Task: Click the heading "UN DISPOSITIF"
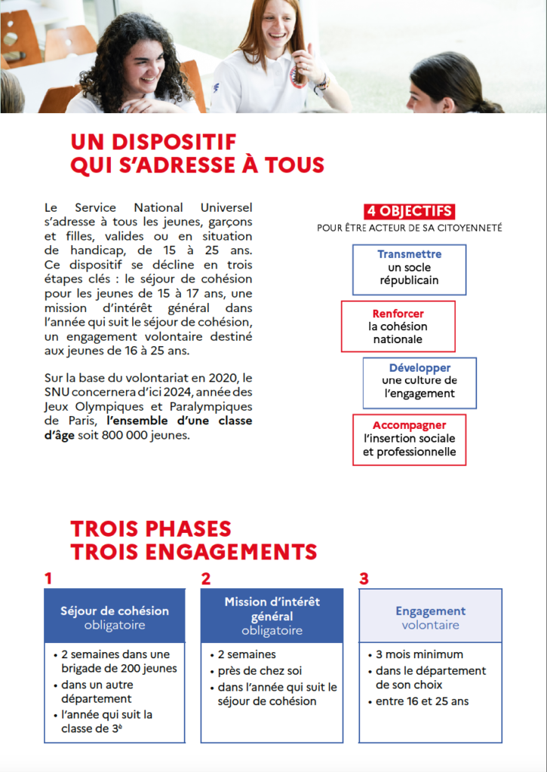(153, 142)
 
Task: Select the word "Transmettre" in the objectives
(409, 254)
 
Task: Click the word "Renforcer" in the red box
(398, 314)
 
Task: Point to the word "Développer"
(419, 368)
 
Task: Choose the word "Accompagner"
(409, 425)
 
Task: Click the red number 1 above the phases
(48, 579)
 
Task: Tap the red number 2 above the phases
(205, 579)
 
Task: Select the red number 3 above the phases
(364, 579)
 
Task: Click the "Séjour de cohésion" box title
(115, 611)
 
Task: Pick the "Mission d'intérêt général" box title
(272, 609)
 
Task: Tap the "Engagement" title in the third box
(430, 611)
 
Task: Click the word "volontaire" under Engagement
(430, 625)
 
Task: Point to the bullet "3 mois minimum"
(419, 654)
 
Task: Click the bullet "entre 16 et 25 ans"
(422, 701)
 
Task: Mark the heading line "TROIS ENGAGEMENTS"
(193, 552)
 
